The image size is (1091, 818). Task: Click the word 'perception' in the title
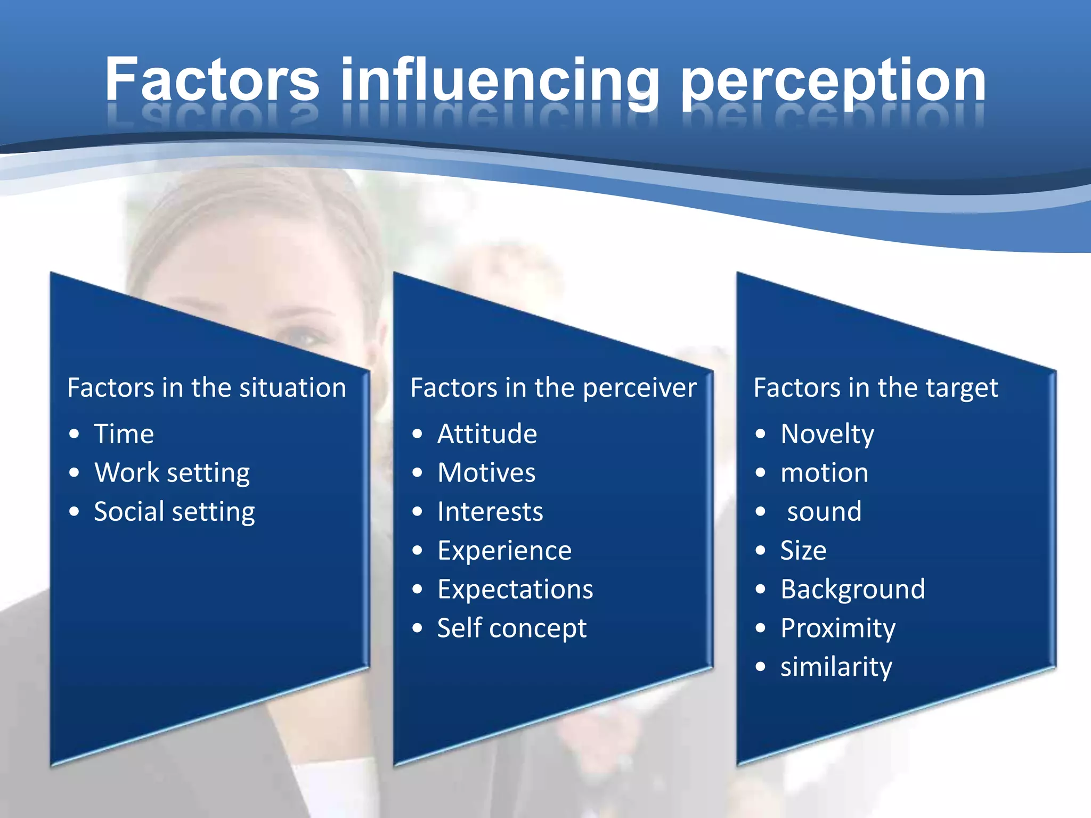click(833, 81)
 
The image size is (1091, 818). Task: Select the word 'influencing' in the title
click(500, 81)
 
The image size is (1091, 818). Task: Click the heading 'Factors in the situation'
click(207, 388)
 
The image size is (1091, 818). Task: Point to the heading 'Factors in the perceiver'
click(553, 388)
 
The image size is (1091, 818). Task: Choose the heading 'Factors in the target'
click(875, 388)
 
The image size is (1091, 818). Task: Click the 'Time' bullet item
click(124, 433)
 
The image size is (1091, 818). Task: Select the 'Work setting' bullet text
click(172, 473)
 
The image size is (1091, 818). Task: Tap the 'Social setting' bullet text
click(174, 512)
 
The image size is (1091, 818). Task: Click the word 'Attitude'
click(487, 433)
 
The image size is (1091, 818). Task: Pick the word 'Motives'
click(486, 473)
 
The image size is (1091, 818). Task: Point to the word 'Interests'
click(490, 512)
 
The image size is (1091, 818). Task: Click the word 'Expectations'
click(515, 590)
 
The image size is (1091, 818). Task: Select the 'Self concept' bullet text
click(511, 628)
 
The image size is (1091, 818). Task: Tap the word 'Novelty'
click(827, 435)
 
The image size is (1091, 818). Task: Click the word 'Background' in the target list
click(852, 590)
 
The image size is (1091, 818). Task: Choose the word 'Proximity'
click(837, 628)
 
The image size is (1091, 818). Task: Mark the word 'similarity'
click(836, 667)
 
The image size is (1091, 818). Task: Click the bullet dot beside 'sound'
click(760, 512)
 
